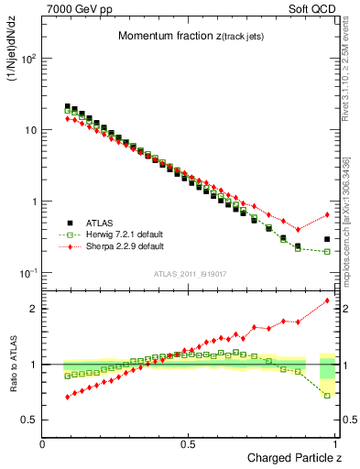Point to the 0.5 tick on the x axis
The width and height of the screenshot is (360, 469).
coord(189,443)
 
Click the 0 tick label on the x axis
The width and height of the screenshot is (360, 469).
coord(43,443)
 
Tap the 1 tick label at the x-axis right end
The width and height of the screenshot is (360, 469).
coord(335,443)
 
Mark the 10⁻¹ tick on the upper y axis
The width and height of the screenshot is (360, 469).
coord(27,273)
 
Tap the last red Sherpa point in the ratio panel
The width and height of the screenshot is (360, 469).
coord(327,300)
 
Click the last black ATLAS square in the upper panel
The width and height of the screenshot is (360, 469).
coord(327,239)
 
